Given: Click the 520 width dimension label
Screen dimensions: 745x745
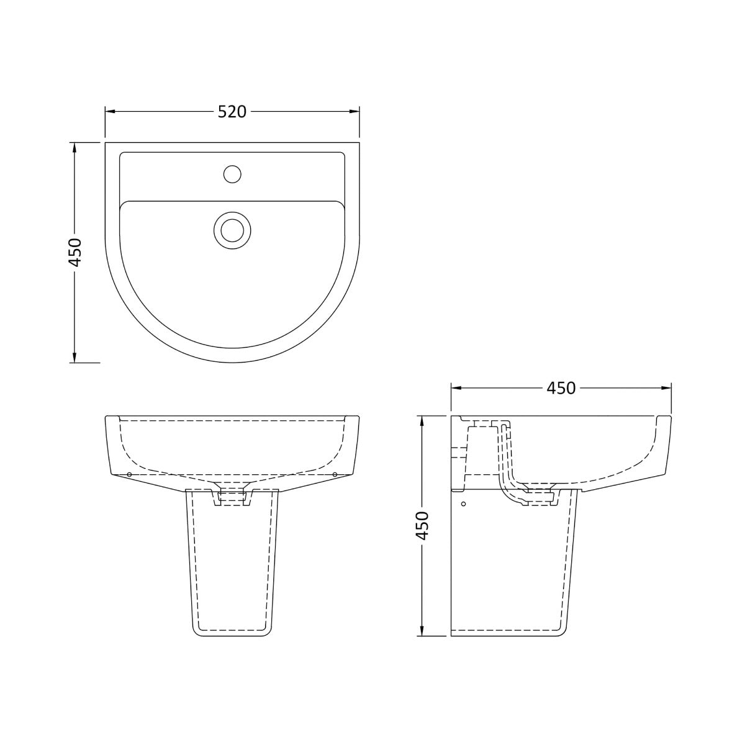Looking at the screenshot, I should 232,112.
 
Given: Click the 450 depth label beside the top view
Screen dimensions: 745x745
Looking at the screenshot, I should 74,252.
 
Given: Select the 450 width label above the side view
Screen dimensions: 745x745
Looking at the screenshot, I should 561,388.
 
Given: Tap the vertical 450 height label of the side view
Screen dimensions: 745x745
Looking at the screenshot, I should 422,525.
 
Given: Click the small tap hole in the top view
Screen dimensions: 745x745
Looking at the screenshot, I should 232,174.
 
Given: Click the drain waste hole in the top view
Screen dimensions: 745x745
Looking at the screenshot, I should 232,230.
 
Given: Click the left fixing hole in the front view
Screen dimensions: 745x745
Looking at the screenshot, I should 129,475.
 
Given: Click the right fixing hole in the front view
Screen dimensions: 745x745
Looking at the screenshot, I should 335,475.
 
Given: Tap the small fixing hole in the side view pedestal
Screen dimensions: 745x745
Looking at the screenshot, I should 463,504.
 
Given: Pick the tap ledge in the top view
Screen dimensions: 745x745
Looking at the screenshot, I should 232,176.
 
